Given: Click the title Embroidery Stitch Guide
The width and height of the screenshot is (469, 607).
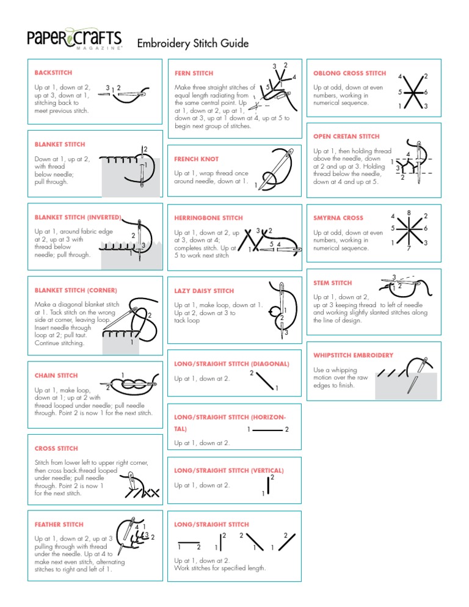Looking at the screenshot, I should click(193, 43).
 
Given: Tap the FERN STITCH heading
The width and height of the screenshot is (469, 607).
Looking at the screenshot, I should click(194, 73).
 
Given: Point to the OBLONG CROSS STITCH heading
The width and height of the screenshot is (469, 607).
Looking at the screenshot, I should click(349, 73).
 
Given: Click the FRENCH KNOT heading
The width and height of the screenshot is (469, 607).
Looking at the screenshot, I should click(196, 159).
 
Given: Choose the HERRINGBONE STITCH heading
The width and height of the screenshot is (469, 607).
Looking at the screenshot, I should click(208, 218).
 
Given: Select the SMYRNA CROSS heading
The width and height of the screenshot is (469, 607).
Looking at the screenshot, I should click(338, 218).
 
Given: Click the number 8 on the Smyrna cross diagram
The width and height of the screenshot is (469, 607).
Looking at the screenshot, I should click(408, 213).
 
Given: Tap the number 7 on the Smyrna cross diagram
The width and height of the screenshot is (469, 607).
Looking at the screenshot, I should click(409, 249).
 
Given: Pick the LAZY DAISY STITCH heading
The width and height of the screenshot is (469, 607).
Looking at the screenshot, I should click(203, 291).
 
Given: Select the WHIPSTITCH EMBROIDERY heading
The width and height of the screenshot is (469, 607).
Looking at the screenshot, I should click(353, 355).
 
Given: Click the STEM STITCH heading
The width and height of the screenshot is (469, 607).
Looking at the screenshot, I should click(332, 283).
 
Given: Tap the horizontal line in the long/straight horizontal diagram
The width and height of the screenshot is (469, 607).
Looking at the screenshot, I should click(268, 430).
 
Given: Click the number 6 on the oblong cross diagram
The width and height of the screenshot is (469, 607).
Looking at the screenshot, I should click(425, 92).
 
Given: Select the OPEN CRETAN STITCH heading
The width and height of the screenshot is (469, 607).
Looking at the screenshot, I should click(346, 136).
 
